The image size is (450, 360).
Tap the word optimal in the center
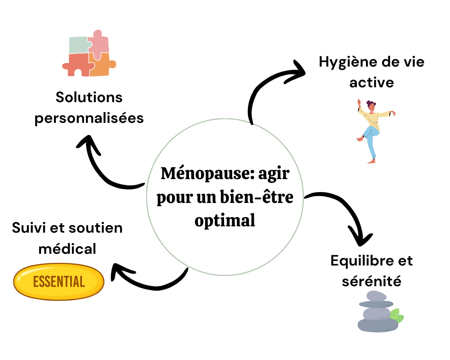(225, 220)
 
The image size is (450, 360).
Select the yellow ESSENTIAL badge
(59, 281)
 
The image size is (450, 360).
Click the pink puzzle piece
(98, 43)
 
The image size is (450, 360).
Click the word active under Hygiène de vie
(371, 83)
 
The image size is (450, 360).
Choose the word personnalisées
(89, 118)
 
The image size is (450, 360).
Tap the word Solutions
(89, 97)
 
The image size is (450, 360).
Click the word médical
(67, 248)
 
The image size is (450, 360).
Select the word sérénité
(371, 282)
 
